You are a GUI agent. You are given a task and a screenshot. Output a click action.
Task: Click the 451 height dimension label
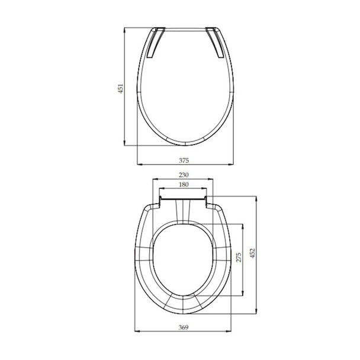coord(121,88)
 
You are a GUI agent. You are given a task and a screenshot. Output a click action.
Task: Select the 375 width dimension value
coord(184,160)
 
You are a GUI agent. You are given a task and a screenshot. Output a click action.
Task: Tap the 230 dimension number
coord(184,175)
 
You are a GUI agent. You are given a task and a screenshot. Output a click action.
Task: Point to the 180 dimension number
coord(184,184)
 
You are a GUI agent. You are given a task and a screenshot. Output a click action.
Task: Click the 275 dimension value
coord(239,258)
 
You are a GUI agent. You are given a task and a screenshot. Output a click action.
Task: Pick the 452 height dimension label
coord(252,253)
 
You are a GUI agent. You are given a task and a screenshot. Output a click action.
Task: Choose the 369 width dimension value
coord(184,327)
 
